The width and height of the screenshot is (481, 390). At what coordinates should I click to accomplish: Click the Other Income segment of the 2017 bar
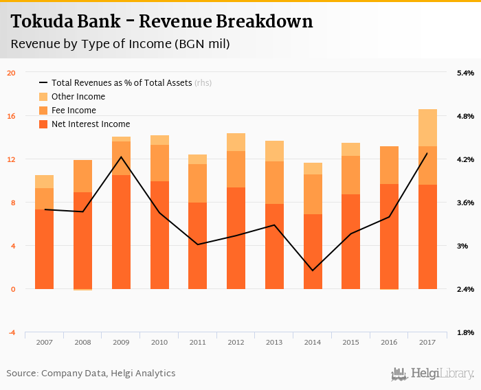tap(427, 128)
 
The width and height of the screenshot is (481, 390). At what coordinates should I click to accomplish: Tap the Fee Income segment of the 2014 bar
tap(313, 194)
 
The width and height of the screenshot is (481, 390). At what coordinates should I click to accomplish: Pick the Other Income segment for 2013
tap(274, 151)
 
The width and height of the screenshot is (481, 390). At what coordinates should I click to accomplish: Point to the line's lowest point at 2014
tap(313, 271)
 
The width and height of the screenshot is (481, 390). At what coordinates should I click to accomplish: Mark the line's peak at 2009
tap(122, 157)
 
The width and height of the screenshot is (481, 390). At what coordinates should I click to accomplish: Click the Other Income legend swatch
tap(43, 97)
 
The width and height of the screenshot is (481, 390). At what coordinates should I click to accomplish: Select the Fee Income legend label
tap(74, 111)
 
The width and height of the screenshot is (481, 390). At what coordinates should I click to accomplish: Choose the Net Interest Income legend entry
tap(90, 124)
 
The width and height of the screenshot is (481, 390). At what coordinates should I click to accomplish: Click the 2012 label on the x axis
tap(236, 342)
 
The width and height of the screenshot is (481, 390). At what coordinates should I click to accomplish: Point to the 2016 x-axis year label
tap(389, 342)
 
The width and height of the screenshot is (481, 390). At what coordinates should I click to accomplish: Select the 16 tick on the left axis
tap(11, 116)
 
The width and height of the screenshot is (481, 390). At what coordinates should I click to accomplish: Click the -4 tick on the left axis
tap(11, 332)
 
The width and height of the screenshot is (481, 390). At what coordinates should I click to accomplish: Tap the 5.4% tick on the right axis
tap(465, 73)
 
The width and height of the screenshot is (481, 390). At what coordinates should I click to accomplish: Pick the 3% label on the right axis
tap(462, 246)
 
